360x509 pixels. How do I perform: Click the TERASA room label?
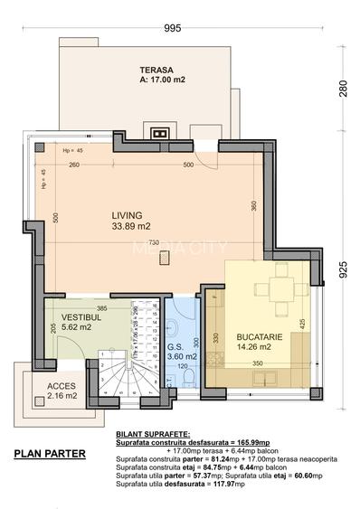click(x=157, y=70)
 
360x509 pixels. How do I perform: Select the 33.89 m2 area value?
click(x=130, y=227)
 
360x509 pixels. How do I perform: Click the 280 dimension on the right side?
click(x=343, y=89)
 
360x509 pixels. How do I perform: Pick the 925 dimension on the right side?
click(x=343, y=269)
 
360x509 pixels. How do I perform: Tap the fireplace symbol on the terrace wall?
click(x=159, y=134)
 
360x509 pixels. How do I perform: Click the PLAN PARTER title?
click(x=50, y=453)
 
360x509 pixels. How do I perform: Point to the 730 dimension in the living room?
click(x=154, y=243)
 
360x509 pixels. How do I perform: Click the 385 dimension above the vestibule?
click(x=102, y=308)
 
